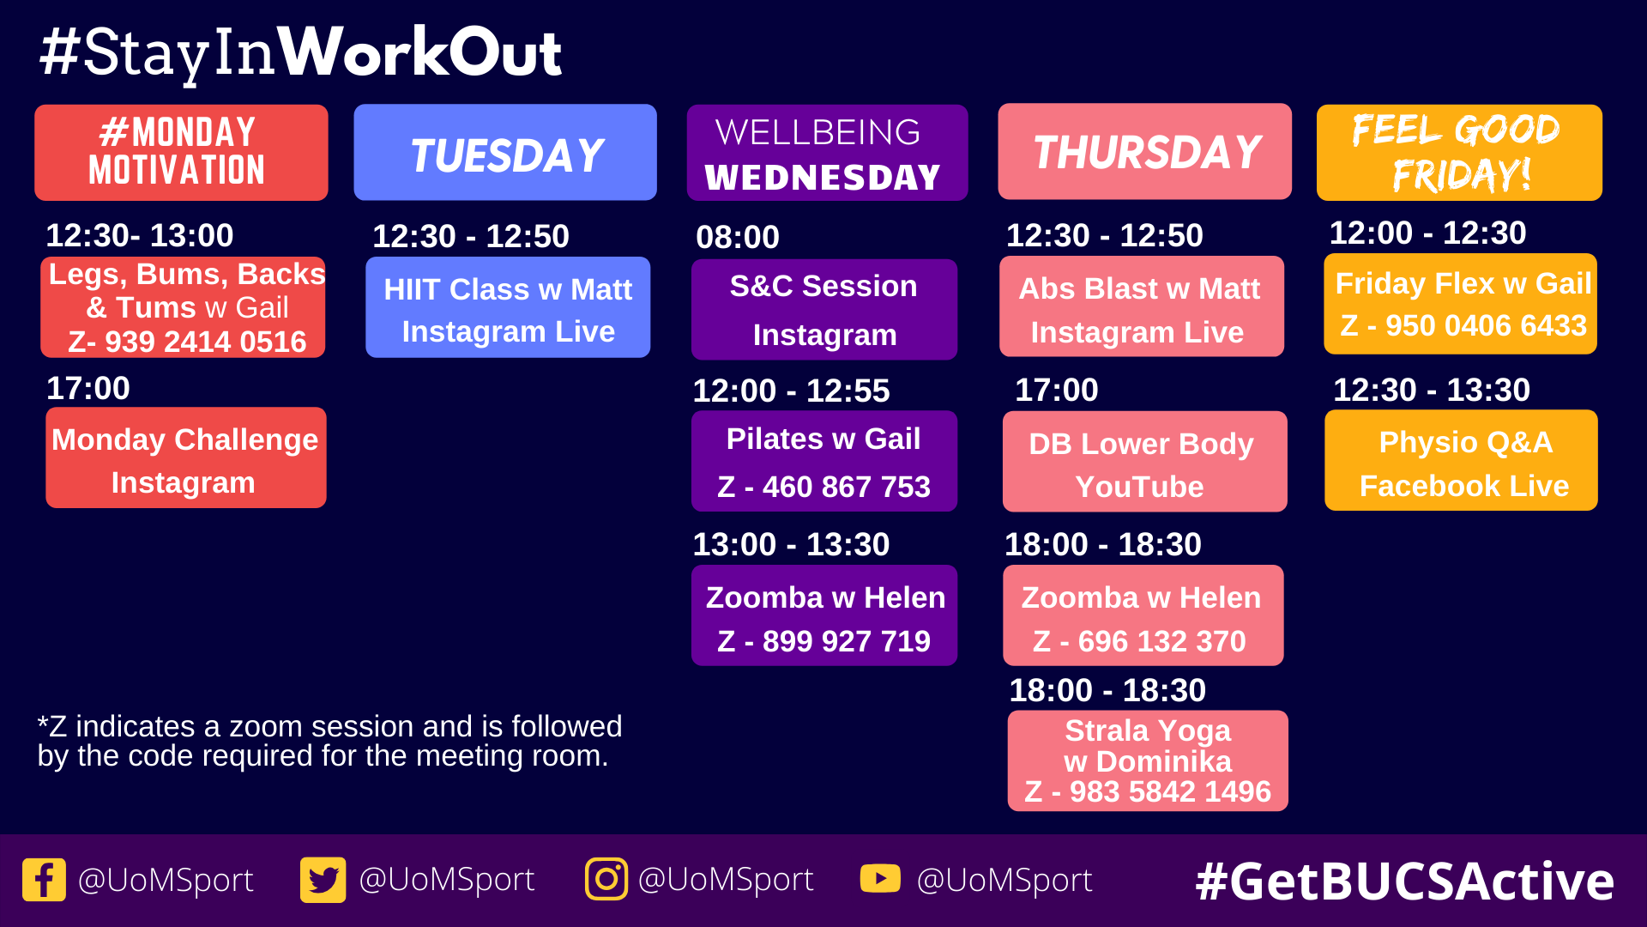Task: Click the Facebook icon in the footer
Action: point(44,880)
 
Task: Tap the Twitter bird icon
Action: point(323,880)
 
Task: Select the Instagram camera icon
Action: point(606,879)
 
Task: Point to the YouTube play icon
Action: point(880,879)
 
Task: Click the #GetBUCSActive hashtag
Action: point(1404,882)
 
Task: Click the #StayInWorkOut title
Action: point(300,53)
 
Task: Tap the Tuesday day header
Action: point(505,153)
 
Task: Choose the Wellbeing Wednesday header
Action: point(827,153)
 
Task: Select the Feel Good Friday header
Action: point(1459,153)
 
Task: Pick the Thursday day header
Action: point(1144,152)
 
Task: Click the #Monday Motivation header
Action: point(181,153)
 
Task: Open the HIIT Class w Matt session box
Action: point(508,307)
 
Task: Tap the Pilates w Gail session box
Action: point(824,461)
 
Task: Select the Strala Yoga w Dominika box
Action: point(1148,760)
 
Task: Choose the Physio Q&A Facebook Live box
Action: point(1461,460)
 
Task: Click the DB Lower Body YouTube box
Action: point(1145,462)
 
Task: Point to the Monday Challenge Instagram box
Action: point(186,457)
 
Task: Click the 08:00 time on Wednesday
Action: point(738,237)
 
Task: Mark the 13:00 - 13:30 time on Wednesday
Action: point(791,544)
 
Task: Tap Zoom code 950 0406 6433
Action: point(1487,325)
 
